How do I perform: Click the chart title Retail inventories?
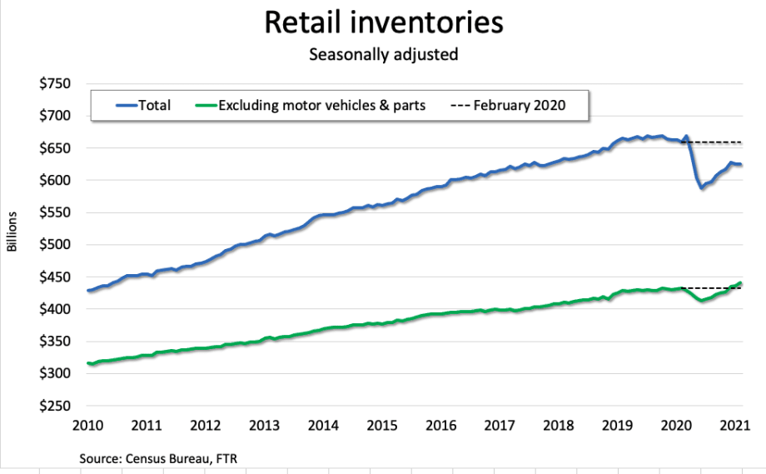(384, 22)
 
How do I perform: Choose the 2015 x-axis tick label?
(381, 425)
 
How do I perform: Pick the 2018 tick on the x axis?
(557, 425)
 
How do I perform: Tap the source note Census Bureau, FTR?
(163, 458)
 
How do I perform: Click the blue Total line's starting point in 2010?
(87, 291)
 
